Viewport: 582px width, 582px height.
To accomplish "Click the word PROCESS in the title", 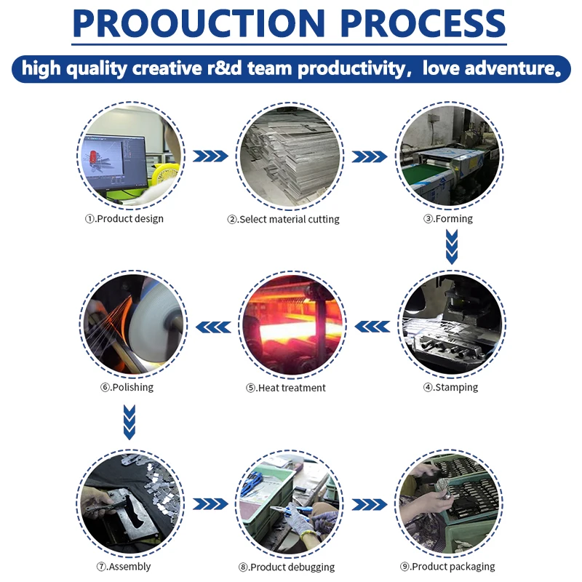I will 423,25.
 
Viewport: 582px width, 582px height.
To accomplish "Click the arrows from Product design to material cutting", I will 211,156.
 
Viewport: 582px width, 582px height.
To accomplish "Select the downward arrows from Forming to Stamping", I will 452,247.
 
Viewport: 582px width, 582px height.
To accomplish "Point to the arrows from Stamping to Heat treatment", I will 371,327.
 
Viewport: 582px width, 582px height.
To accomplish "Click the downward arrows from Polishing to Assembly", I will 129,422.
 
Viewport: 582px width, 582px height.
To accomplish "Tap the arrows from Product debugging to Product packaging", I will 370,504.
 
